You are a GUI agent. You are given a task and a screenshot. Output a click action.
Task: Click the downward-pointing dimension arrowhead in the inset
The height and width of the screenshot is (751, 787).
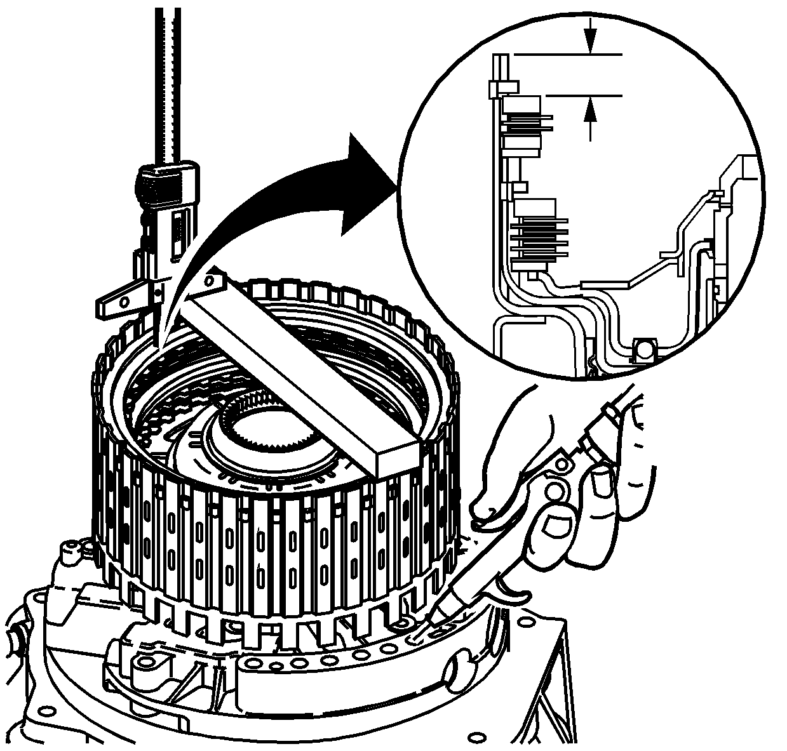click(591, 44)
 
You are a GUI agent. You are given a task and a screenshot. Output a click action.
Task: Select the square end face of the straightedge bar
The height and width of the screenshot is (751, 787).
click(396, 458)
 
